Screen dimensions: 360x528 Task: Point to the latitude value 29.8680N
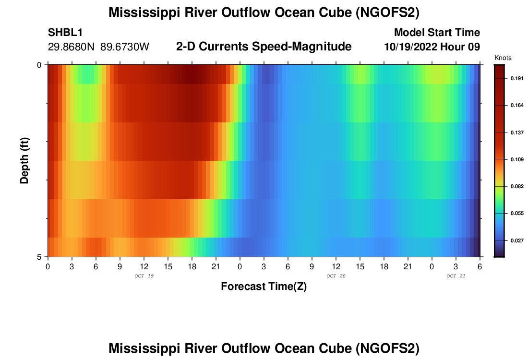pos(72,47)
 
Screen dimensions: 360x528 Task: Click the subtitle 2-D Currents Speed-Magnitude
pos(264,47)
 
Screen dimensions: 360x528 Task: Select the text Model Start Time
pos(437,33)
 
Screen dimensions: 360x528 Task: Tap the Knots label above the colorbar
pos(503,58)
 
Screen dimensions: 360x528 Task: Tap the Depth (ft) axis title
pos(24,160)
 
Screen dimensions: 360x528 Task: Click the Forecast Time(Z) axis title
pos(264,287)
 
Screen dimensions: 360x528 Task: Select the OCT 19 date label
pos(144,276)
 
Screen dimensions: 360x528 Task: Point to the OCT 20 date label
pos(336,276)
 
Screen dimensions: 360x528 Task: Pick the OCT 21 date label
pos(456,276)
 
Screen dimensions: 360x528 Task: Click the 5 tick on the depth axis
pos(39,257)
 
